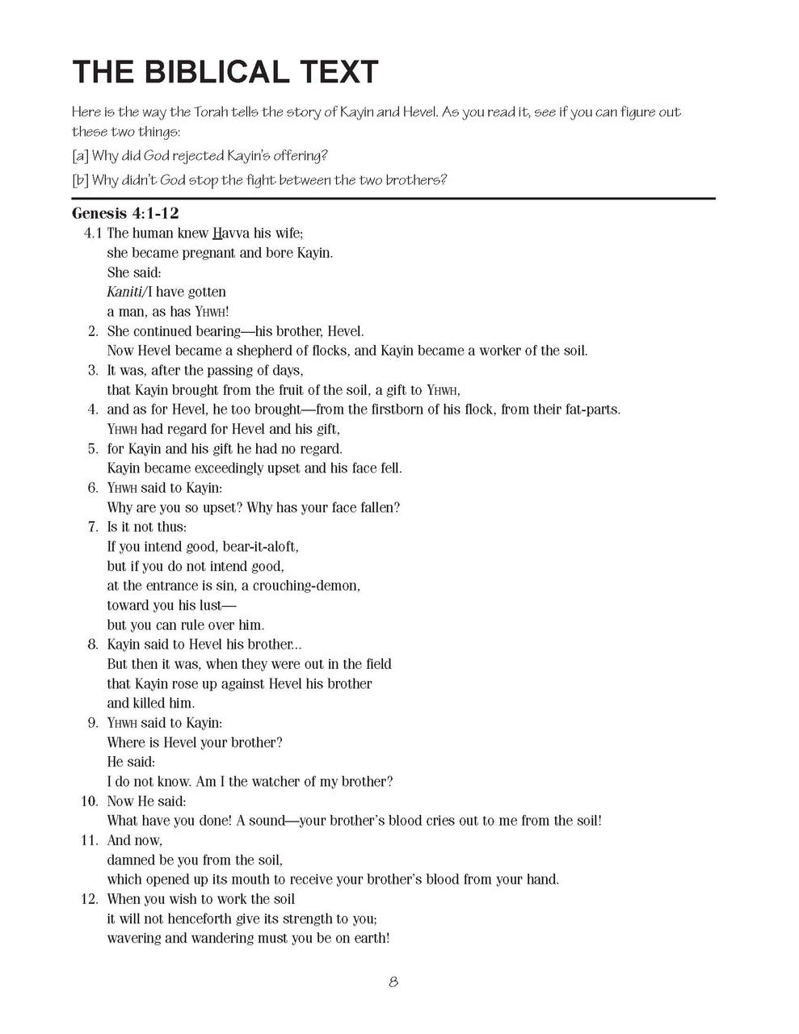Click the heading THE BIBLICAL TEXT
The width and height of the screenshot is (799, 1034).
point(225,72)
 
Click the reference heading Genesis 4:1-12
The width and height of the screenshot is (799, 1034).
point(125,214)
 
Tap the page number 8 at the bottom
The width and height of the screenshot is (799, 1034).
point(393,982)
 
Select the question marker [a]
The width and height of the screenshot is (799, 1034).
point(80,156)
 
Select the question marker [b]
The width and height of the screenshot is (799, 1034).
point(80,179)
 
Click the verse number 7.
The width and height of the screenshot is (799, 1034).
point(93,528)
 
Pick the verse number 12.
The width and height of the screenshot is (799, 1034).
point(89,899)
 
